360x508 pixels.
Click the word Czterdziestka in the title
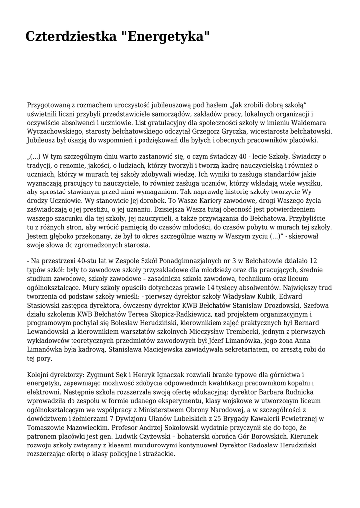point(71,36)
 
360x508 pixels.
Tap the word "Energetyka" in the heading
point(165,36)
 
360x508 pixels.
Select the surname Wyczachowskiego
point(56,131)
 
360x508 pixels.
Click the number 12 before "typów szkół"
point(313,260)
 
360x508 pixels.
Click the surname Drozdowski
point(248,305)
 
